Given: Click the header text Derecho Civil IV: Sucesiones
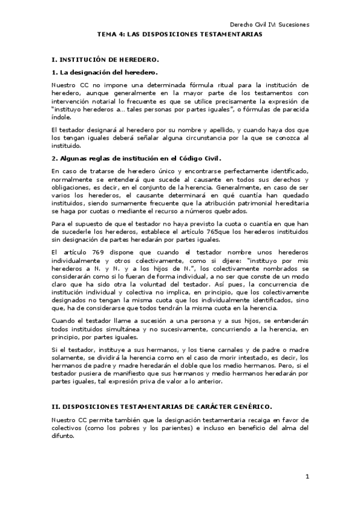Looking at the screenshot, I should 269,25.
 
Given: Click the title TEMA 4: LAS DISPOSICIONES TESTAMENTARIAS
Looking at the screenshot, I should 180,35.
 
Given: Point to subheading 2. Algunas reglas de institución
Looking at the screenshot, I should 136,159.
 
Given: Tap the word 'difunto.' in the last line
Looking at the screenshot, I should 63,436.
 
